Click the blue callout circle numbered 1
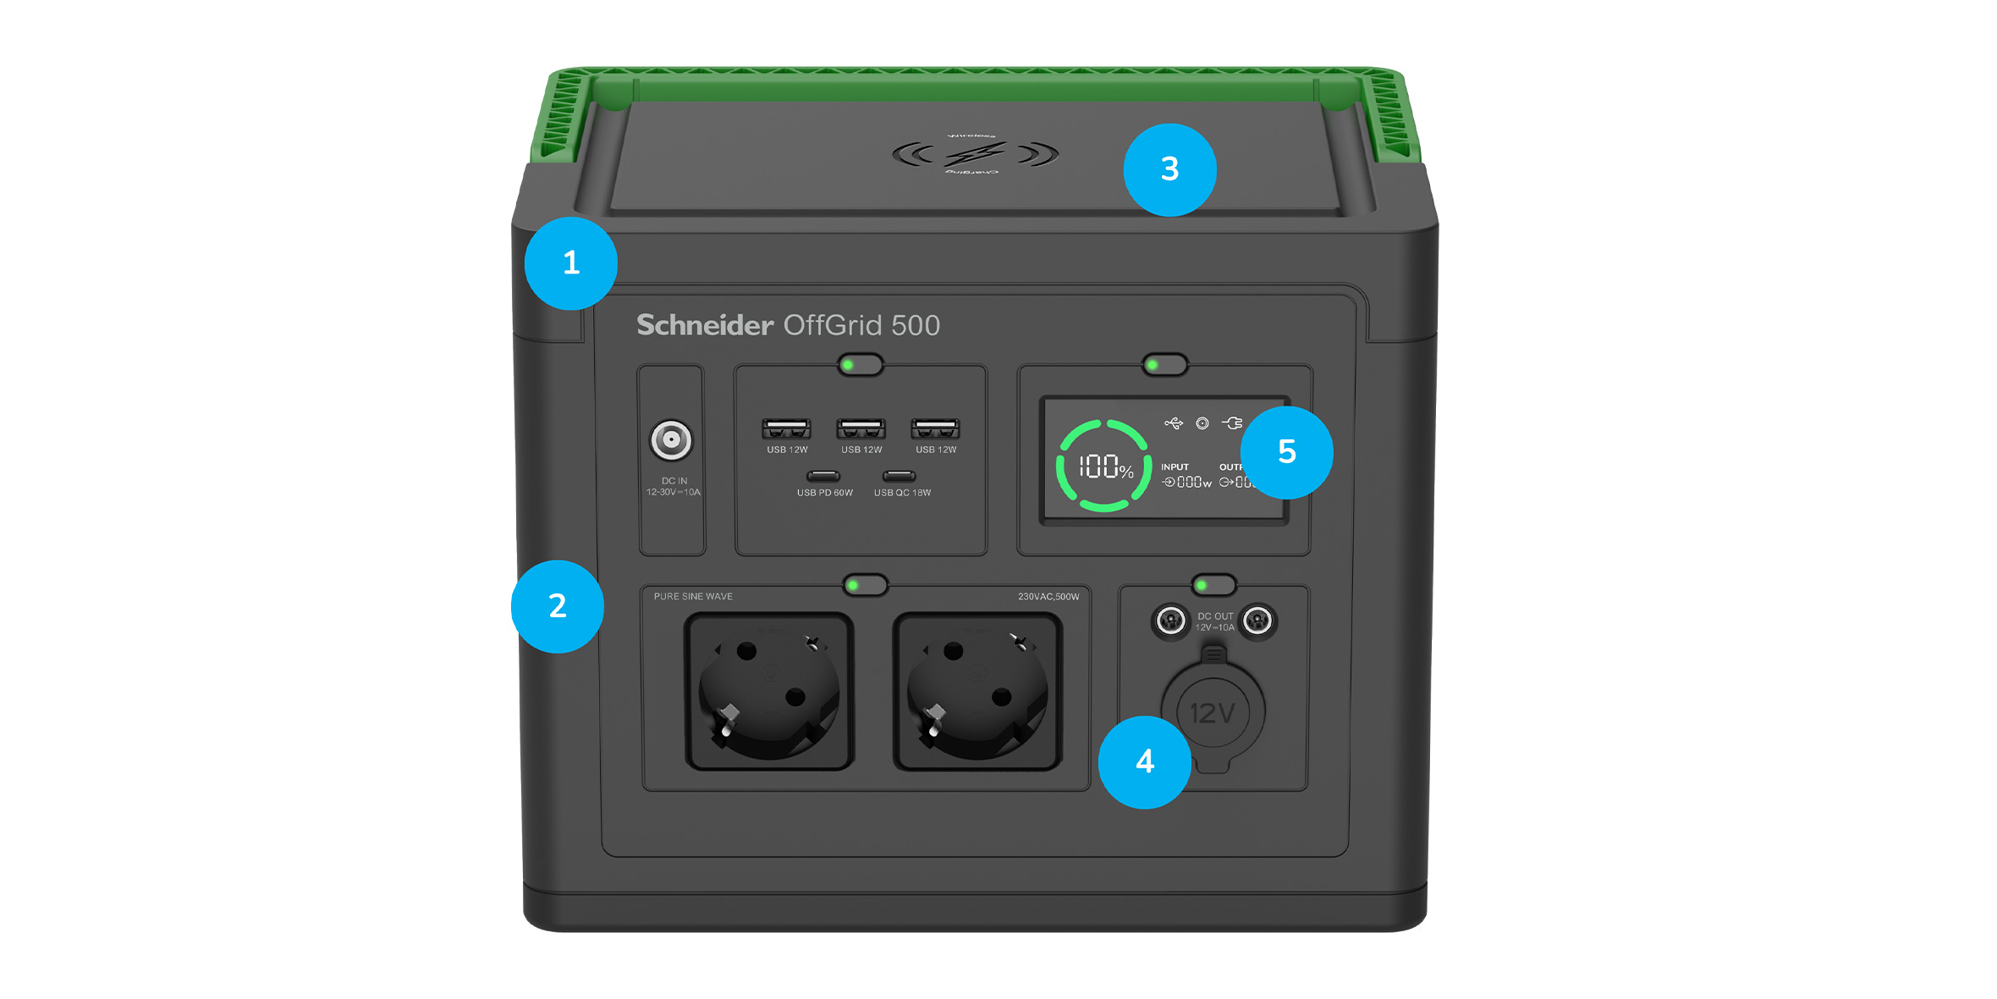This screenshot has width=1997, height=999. point(571,263)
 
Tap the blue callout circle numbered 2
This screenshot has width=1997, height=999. point(558,606)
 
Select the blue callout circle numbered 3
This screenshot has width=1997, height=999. point(1169,170)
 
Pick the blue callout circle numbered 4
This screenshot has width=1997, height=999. point(1144,762)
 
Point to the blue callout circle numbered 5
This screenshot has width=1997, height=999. point(1286,452)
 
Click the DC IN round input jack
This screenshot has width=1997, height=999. point(671,440)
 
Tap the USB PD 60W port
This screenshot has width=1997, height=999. point(823,476)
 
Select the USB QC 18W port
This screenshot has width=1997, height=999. point(899,476)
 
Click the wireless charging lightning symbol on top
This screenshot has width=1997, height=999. point(975,154)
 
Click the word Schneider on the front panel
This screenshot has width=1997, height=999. point(705,325)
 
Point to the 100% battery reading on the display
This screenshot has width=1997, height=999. point(1105,466)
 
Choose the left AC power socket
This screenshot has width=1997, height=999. point(769,691)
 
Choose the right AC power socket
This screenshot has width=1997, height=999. point(977,691)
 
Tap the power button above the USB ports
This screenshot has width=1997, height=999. point(861,365)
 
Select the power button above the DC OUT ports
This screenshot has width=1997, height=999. point(1213,585)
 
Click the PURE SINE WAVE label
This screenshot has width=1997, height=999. point(693,597)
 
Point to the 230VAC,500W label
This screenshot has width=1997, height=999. point(1048,597)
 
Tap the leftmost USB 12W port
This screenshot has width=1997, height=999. point(786,428)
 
